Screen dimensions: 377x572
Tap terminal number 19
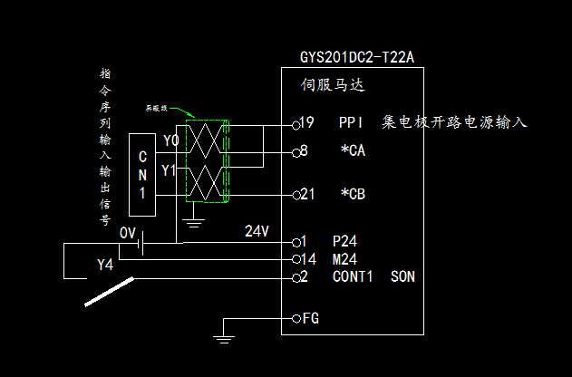coord(306,121)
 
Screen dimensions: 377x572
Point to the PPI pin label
coord(351,121)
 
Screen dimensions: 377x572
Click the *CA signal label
coord(353,151)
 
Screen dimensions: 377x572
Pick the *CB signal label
coord(353,194)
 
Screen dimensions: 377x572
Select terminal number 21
coord(307,194)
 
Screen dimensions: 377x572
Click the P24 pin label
coord(345,242)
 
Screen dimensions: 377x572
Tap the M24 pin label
coord(345,259)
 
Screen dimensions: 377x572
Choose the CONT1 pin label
coord(353,276)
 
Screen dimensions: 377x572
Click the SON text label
coord(402,276)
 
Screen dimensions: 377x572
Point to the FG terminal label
coord(310,319)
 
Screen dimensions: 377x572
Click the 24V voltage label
coord(257,231)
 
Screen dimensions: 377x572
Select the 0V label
coord(128,233)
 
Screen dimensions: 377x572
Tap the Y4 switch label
coord(106,266)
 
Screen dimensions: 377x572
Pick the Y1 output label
coord(170,170)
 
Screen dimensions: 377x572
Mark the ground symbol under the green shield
coord(192,218)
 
